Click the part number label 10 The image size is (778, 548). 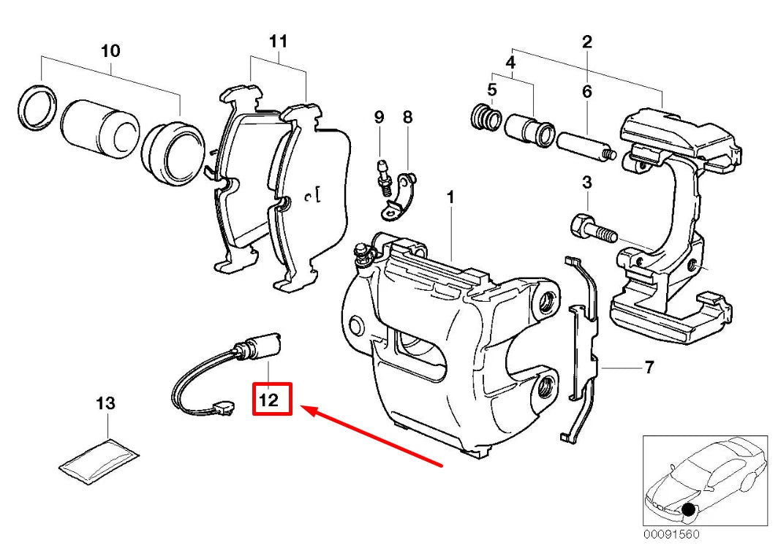110,51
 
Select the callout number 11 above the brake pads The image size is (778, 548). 278,42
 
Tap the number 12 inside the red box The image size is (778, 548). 272,400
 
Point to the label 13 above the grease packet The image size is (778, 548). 106,403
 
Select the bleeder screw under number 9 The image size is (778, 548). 382,175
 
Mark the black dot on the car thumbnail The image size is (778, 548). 688,509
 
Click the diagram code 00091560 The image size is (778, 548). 671,534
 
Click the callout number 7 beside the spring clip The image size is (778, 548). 649,367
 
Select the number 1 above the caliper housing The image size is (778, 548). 451,197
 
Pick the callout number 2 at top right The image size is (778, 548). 586,42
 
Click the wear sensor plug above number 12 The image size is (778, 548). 263,346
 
